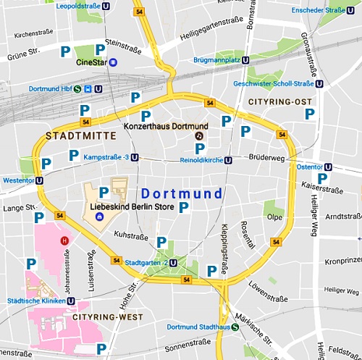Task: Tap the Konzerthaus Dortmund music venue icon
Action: click(x=201, y=136)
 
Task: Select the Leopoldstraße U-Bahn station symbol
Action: click(x=107, y=6)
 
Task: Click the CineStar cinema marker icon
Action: click(x=113, y=62)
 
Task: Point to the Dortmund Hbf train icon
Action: click(x=88, y=90)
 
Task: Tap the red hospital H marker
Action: click(x=64, y=240)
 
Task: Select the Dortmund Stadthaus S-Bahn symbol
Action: click(x=235, y=327)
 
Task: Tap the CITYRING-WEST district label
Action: click(x=101, y=317)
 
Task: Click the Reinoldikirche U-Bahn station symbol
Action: click(x=228, y=161)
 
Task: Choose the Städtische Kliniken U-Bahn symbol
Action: click(x=70, y=301)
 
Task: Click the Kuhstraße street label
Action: click(x=131, y=236)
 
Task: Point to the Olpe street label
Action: click(x=274, y=217)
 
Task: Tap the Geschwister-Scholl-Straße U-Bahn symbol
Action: click(x=329, y=83)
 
